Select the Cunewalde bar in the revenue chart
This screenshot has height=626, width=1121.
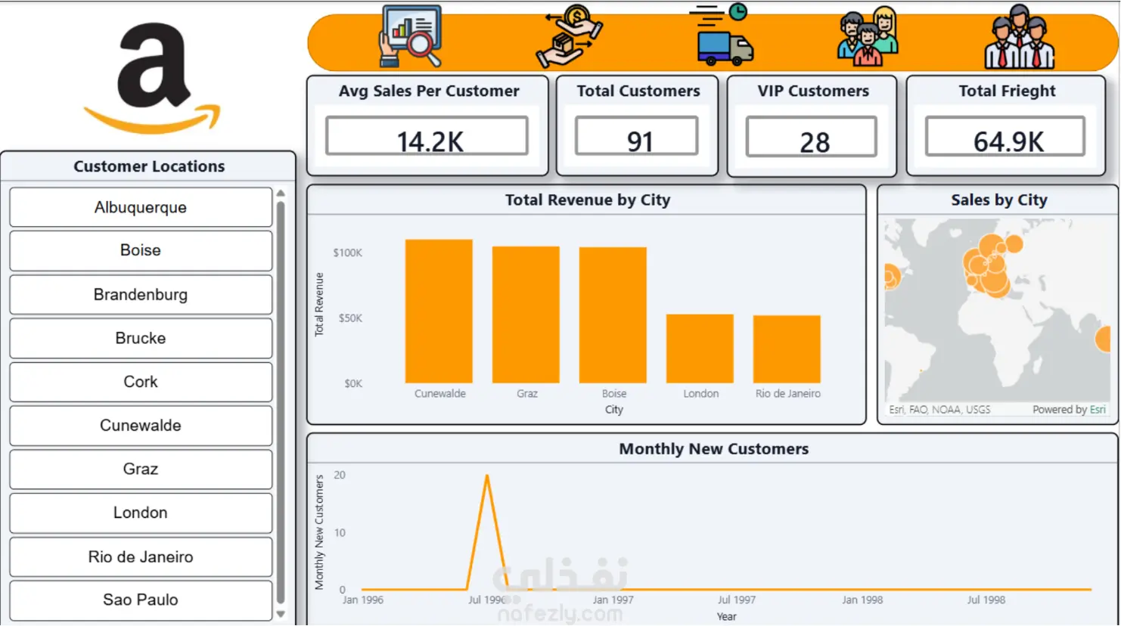439,311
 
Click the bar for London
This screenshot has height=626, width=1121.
700,349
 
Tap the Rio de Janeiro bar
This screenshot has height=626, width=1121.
787,349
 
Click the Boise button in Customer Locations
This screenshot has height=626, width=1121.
141,250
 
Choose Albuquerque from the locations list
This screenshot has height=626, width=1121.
141,207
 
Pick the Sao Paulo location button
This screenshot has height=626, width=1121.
141,600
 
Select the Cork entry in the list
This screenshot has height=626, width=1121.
141,382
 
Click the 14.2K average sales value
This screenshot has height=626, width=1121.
430,141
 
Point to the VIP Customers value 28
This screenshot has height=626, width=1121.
814,143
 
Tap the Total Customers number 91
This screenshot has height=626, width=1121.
640,141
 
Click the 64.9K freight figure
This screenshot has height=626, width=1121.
1008,142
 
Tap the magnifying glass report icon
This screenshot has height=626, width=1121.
411,36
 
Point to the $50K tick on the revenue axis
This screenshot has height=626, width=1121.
350,318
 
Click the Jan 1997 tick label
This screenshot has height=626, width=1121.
613,600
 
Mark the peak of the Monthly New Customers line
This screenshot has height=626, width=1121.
487,476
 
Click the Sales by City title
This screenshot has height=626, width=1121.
999,200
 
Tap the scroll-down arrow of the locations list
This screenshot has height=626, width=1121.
281,614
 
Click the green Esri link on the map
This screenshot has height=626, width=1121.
1098,409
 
